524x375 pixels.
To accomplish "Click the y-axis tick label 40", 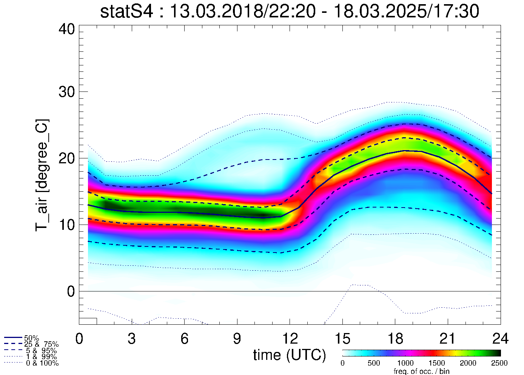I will click(67, 29).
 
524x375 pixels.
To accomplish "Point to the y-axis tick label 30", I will click(67, 92).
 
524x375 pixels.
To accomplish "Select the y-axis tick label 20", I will click(67, 158).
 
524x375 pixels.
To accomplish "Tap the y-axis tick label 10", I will click(67, 225).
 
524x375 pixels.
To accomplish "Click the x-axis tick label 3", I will click(131, 339).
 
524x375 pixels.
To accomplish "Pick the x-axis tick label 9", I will click(237, 339).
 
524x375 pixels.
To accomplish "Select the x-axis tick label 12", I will click(290, 339).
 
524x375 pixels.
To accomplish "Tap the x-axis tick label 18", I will click(395, 339).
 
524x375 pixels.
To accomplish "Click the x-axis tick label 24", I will click(500, 339).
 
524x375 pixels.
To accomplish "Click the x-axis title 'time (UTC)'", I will click(290, 355).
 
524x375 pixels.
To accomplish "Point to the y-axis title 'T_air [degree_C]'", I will click(42, 175).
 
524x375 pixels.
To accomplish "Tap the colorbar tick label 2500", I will click(499, 363).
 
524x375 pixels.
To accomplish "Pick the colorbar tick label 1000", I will click(405, 363).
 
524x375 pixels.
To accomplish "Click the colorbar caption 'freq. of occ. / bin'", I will click(421, 371).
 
